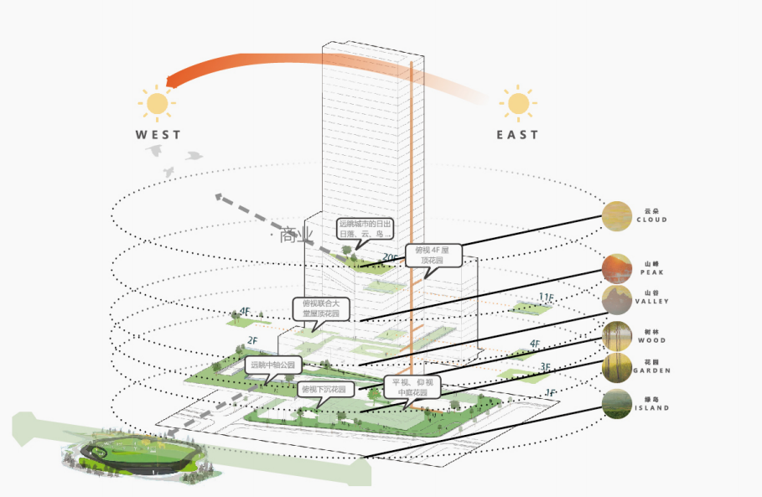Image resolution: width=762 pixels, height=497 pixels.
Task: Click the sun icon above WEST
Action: (x=157, y=103)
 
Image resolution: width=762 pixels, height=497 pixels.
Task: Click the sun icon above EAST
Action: (x=518, y=104)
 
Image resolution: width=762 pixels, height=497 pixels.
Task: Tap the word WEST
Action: (x=158, y=134)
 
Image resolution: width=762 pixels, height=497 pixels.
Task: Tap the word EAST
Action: (x=517, y=134)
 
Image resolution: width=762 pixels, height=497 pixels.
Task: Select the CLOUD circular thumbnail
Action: (x=617, y=216)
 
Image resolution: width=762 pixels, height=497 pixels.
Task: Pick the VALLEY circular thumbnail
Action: (x=616, y=298)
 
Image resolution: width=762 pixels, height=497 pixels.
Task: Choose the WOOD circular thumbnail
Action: (x=617, y=336)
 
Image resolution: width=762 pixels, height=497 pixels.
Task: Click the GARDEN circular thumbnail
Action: (x=617, y=366)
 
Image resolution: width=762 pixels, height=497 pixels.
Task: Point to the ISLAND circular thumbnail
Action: (x=617, y=404)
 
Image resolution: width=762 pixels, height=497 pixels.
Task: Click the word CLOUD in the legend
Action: (x=651, y=220)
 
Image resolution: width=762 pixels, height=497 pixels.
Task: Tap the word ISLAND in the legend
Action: (x=651, y=408)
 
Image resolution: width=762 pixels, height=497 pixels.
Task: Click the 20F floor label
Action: (x=390, y=257)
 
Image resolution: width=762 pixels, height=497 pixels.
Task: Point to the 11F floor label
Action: (x=546, y=298)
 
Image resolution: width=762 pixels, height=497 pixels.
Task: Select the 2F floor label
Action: (x=251, y=340)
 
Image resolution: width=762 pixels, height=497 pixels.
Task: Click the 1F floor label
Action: (x=550, y=392)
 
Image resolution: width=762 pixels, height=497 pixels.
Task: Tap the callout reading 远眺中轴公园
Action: (x=272, y=365)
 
